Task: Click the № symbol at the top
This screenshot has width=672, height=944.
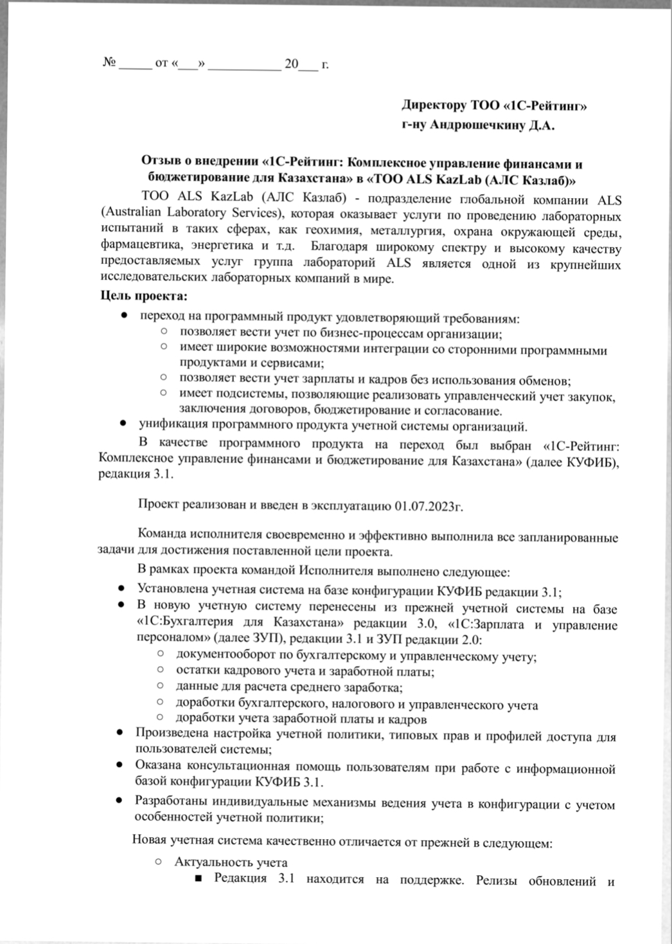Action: pyautogui.click(x=109, y=62)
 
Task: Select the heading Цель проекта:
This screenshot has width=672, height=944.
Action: pyautogui.click(x=143, y=296)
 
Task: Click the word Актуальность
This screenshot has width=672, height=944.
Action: pyautogui.click(x=213, y=862)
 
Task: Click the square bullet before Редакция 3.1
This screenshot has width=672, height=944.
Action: pyautogui.click(x=199, y=878)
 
